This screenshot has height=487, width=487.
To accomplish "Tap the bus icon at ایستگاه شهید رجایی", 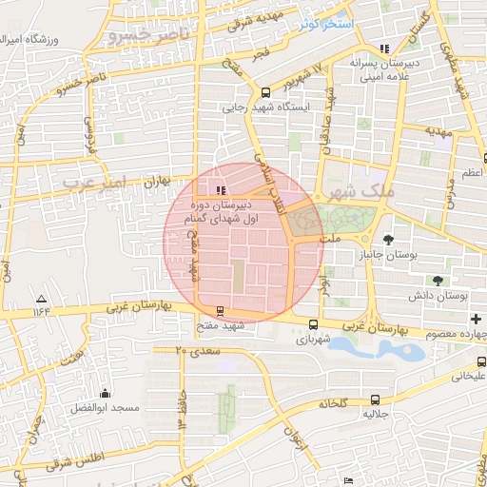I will (265, 93).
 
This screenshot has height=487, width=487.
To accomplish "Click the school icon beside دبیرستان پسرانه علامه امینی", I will (384, 49).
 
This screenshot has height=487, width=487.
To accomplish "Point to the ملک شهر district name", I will (358, 190).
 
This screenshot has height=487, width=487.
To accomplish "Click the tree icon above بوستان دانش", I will (438, 280).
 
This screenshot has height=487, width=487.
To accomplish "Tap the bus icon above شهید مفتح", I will (221, 311).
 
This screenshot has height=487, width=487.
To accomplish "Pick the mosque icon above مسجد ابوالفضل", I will (105, 394).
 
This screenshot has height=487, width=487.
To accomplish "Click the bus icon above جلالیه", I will (375, 400).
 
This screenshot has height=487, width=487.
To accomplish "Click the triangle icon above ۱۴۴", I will (40, 298).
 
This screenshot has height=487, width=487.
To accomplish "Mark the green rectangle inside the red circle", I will (238, 277).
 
